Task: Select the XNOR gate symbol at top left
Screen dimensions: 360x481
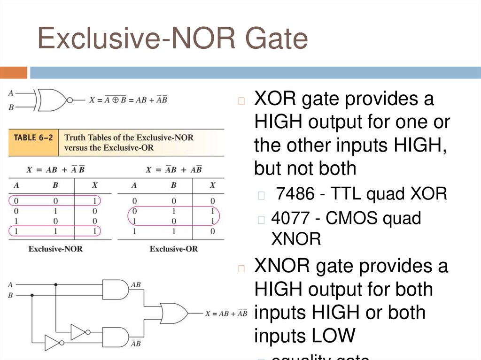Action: click(x=53, y=100)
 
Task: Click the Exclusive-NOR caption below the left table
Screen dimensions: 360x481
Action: click(x=55, y=249)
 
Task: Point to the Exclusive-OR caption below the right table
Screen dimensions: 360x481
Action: click(x=174, y=249)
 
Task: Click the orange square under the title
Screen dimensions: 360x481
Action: click(x=14, y=73)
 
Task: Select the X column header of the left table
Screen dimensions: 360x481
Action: click(x=94, y=185)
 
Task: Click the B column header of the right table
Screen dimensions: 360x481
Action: click(x=173, y=185)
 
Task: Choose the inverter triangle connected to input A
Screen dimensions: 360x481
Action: click(x=78, y=332)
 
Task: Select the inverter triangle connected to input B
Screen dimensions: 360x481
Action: click(x=52, y=343)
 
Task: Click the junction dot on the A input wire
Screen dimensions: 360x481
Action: click(x=56, y=284)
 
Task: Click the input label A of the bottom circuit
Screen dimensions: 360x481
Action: click(x=10, y=284)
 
